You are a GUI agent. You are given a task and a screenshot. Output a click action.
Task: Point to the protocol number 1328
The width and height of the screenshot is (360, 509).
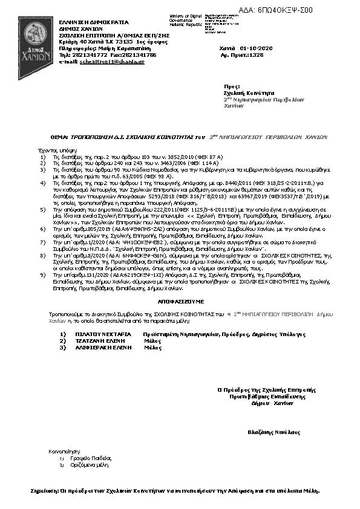point(257,54)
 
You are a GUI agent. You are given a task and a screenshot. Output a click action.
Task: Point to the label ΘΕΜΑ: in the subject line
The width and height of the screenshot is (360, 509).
point(59,137)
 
